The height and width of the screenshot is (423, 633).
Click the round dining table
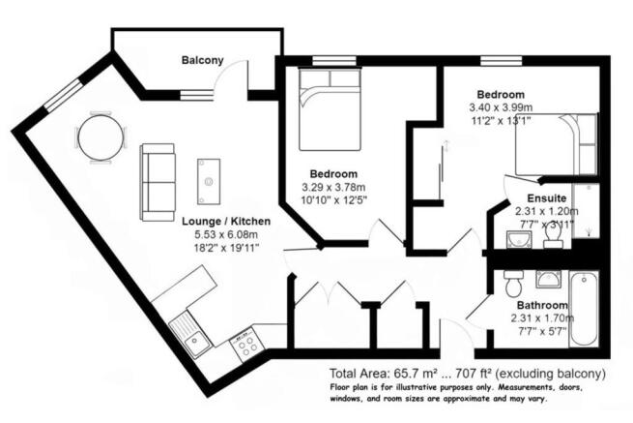pos(101,137)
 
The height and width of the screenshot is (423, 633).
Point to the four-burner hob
pos(245,343)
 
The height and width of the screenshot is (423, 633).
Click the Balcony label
pos(203,60)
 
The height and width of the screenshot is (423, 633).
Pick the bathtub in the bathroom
pos(582,308)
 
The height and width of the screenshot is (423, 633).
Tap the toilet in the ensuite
pos(553,234)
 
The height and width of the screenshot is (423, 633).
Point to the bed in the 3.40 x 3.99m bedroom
pos(552,145)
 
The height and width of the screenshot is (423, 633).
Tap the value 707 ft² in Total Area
pos(475,374)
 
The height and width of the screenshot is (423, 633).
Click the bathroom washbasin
pos(514,283)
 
